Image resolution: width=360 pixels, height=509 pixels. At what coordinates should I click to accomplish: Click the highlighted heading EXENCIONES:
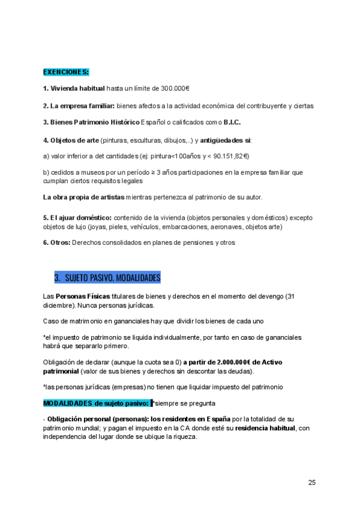point(66,72)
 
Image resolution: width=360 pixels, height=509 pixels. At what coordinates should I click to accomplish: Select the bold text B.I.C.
point(232,123)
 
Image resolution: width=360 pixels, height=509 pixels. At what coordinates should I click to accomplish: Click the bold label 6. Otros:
point(56,242)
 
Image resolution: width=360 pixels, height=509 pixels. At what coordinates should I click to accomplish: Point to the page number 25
point(312,482)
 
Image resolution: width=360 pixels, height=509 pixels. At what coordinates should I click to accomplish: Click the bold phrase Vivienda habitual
point(77,89)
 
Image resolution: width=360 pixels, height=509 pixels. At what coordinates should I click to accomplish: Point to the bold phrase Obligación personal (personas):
point(98,418)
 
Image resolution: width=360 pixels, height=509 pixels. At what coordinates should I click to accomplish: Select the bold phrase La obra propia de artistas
point(83,197)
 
